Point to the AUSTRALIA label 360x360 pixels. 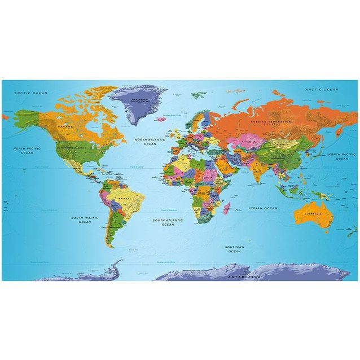[313, 214]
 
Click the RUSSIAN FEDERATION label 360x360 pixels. [271, 122]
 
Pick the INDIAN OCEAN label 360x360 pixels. [263, 208]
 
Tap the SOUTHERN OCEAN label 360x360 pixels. [234, 249]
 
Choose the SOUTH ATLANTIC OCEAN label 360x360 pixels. [168, 222]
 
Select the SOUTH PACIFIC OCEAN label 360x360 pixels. [85, 219]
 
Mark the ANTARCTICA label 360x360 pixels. [244, 277]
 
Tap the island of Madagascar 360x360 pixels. [226, 210]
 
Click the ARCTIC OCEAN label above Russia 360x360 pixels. [322, 90]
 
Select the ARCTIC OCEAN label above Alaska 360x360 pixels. [31, 93]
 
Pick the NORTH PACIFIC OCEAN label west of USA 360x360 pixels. [27, 150]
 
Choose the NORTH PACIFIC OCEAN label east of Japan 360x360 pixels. [342, 156]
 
